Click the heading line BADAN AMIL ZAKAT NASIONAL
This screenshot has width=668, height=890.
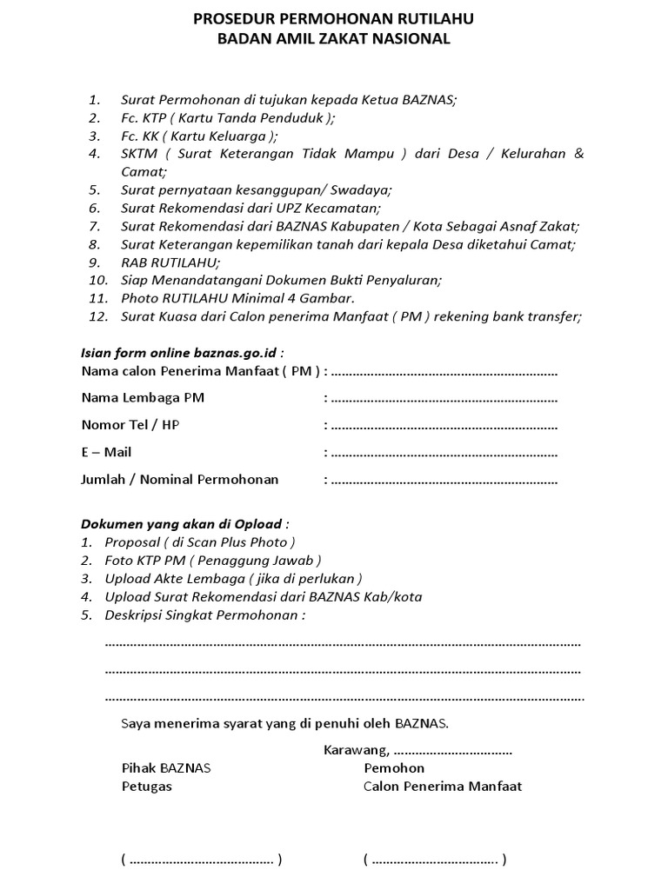(x=334, y=38)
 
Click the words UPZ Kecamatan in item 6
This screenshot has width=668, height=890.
(x=331, y=208)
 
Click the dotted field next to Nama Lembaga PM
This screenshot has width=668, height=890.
(x=444, y=399)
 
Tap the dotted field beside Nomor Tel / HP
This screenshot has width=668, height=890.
(x=444, y=426)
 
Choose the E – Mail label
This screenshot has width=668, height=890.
(x=106, y=453)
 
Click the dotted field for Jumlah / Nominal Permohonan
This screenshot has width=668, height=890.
(x=444, y=481)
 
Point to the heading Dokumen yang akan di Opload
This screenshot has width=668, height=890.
(x=182, y=524)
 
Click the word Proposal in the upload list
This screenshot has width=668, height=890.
(x=132, y=542)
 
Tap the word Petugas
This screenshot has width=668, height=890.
(x=146, y=787)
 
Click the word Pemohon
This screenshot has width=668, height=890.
(x=394, y=768)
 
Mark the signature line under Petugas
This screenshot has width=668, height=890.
(x=201, y=860)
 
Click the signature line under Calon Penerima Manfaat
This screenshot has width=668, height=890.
(x=434, y=860)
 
